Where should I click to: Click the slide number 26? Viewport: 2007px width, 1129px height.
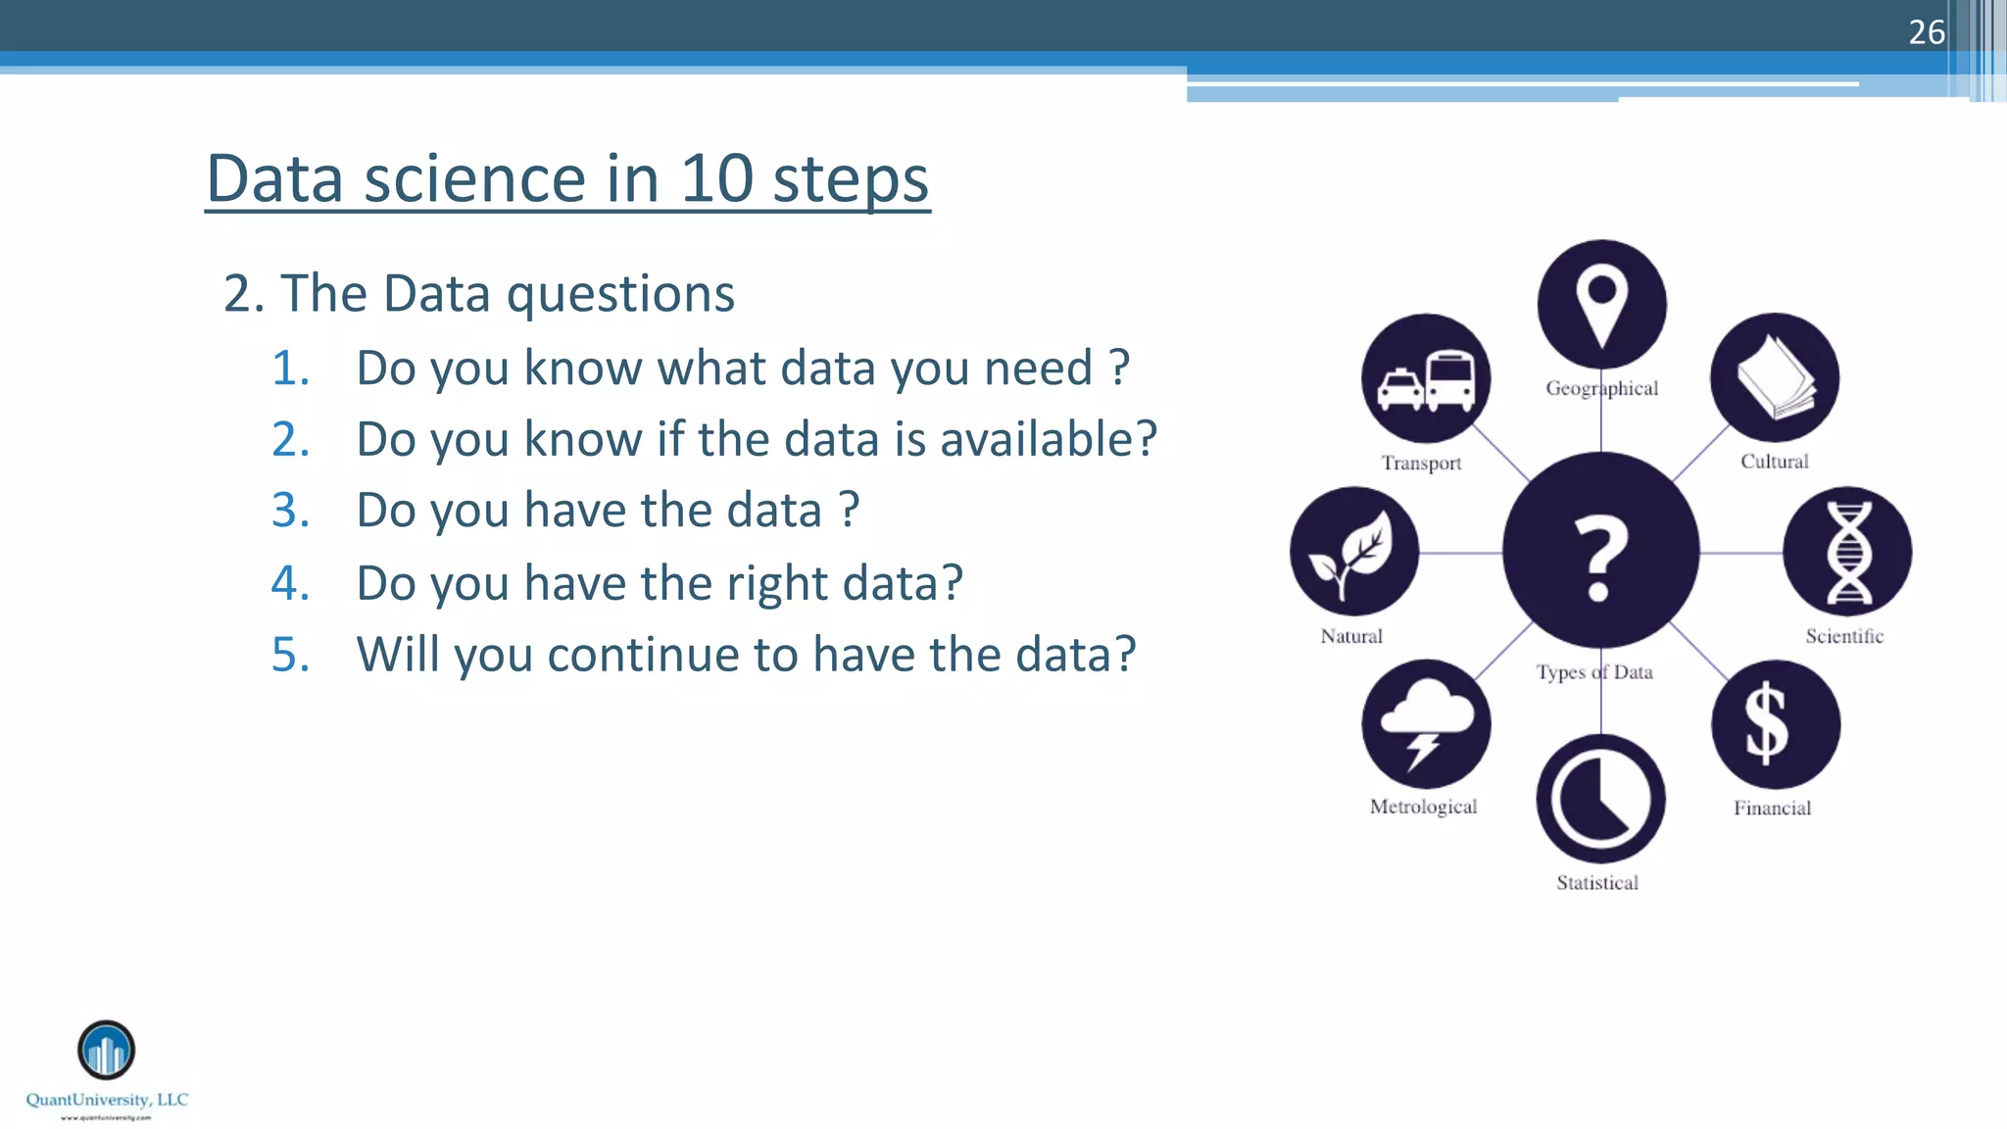(x=1926, y=32)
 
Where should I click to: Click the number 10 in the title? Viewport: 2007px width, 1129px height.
(x=716, y=179)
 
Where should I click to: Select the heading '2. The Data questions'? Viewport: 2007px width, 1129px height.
(x=478, y=293)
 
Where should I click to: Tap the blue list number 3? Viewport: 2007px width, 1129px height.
(x=290, y=511)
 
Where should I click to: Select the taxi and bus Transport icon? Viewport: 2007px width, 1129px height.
(x=1426, y=379)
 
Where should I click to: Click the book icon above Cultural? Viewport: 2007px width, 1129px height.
(x=1775, y=377)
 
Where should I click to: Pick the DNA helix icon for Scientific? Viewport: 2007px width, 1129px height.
(x=1847, y=552)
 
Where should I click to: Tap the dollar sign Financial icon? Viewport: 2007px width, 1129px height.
(x=1775, y=725)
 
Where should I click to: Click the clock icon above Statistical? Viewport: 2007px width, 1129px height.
(x=1600, y=799)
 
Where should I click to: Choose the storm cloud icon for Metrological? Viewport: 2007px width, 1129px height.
(x=1426, y=725)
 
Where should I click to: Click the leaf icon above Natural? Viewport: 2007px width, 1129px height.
(x=1354, y=552)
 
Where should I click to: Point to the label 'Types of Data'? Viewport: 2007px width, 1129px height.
(x=1594, y=672)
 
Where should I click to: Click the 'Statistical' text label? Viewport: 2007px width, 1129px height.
(x=1597, y=883)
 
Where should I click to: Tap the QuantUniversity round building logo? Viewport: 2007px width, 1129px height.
(x=106, y=1050)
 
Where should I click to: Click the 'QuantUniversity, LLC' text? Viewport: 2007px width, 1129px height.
(x=107, y=1100)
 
